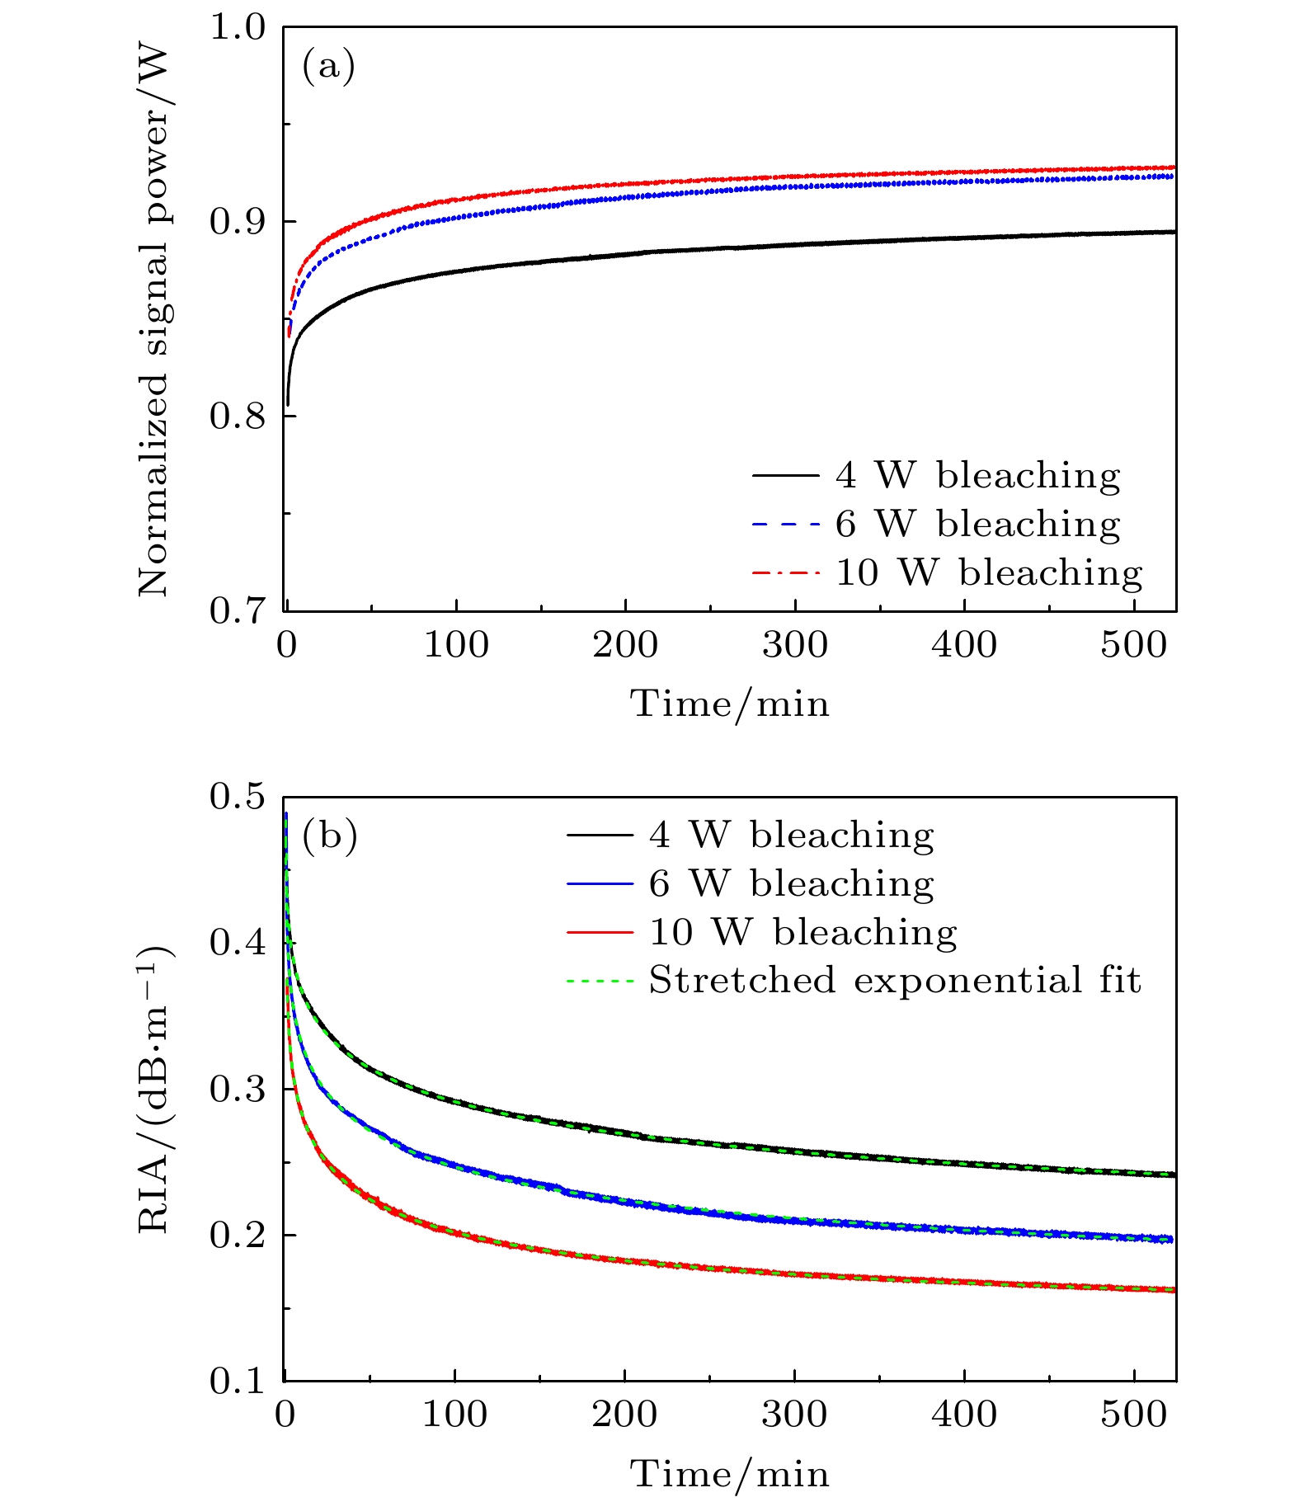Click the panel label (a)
(328, 66)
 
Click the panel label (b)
(330, 836)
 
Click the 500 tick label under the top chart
(1134, 645)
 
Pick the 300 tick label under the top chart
(795, 645)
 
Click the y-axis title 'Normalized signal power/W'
(153, 322)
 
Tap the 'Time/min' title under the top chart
(730, 704)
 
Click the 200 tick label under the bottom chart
(624, 1415)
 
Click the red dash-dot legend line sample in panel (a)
(786, 572)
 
